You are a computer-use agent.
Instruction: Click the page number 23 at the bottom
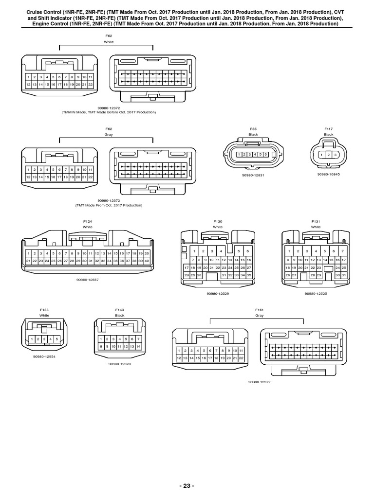click(187, 486)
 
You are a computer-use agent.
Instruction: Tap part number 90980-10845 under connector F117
click(329, 174)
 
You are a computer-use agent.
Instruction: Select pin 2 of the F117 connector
click(329, 155)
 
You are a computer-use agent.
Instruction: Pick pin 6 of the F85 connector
click(266, 154)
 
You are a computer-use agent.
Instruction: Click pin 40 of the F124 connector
click(147, 261)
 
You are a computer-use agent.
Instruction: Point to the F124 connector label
click(88, 221)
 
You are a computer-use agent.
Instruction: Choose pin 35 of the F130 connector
click(248, 275)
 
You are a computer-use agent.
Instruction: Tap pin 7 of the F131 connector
click(343, 251)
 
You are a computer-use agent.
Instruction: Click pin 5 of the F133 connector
click(56, 338)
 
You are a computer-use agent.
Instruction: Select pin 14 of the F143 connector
click(138, 346)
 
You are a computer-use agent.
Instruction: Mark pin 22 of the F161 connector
click(241, 358)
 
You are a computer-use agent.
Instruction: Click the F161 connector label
click(259, 309)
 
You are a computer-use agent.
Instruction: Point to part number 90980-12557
click(88, 280)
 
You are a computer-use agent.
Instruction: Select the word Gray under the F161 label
click(259, 315)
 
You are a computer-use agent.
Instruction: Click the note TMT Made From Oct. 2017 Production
click(109, 205)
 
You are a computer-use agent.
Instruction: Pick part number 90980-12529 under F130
click(218, 294)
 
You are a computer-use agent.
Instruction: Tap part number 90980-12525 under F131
click(316, 294)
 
